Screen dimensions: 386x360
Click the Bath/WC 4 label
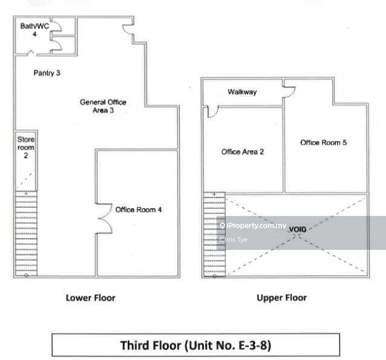click(34, 30)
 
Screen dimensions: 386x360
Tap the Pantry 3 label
click(47, 73)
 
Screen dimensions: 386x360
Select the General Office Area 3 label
click(103, 106)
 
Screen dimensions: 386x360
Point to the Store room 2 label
click(25, 147)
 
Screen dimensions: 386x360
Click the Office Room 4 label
click(139, 209)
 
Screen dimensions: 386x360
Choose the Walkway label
click(242, 92)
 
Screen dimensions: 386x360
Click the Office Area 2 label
click(243, 152)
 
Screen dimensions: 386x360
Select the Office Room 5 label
click(323, 142)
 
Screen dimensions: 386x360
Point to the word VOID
click(298, 229)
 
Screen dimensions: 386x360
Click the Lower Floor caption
click(90, 298)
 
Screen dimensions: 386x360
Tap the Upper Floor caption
click(281, 298)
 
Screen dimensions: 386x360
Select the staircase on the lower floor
click(27, 234)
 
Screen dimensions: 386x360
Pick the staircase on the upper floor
click(214, 234)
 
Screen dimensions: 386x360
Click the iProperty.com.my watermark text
click(257, 226)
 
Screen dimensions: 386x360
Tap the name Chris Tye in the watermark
click(234, 240)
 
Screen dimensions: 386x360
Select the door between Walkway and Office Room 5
click(289, 91)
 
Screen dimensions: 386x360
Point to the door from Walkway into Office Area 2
click(213, 112)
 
